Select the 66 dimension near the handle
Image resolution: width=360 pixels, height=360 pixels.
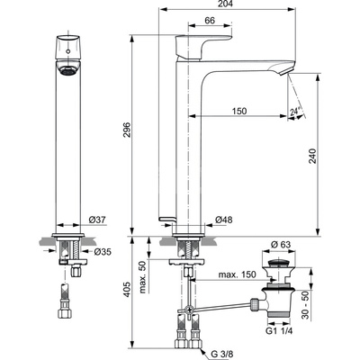click(x=208, y=21)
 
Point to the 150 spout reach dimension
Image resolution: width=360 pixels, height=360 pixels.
click(x=238, y=111)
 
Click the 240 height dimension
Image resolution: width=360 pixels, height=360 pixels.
click(x=337, y=153)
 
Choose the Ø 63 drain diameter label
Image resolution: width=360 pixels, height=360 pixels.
click(x=283, y=245)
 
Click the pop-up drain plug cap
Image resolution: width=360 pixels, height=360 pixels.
click(x=282, y=261)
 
